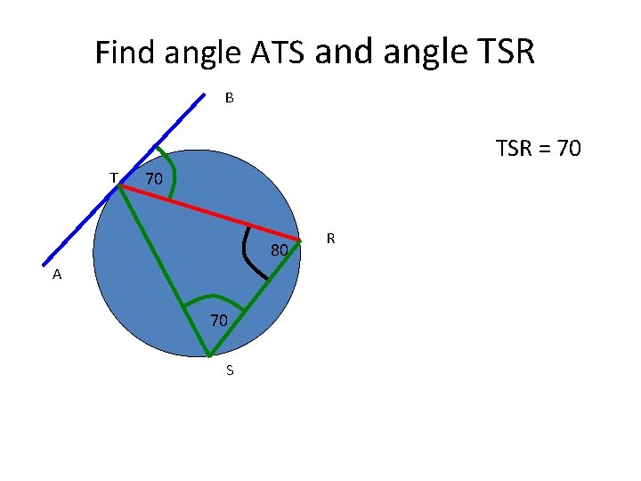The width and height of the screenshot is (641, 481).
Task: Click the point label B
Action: pos(229,98)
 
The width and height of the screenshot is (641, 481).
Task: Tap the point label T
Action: pos(113,177)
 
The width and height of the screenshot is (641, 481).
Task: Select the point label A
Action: pos(57,275)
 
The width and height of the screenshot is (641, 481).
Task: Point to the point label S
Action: pos(230,370)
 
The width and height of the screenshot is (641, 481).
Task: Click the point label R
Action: pos(330,238)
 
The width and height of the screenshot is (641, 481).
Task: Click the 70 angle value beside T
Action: pos(154,179)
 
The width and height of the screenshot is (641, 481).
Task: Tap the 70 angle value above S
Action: pos(219,320)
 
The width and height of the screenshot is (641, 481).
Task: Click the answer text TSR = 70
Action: pos(538,148)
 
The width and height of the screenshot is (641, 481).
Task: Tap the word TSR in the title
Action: pos(500,53)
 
